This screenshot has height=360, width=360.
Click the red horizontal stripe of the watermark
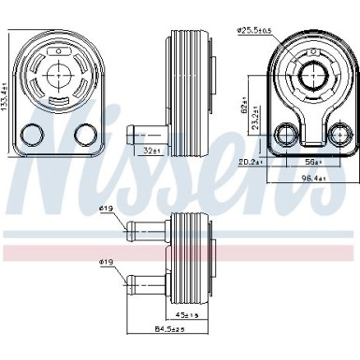(180, 253)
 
